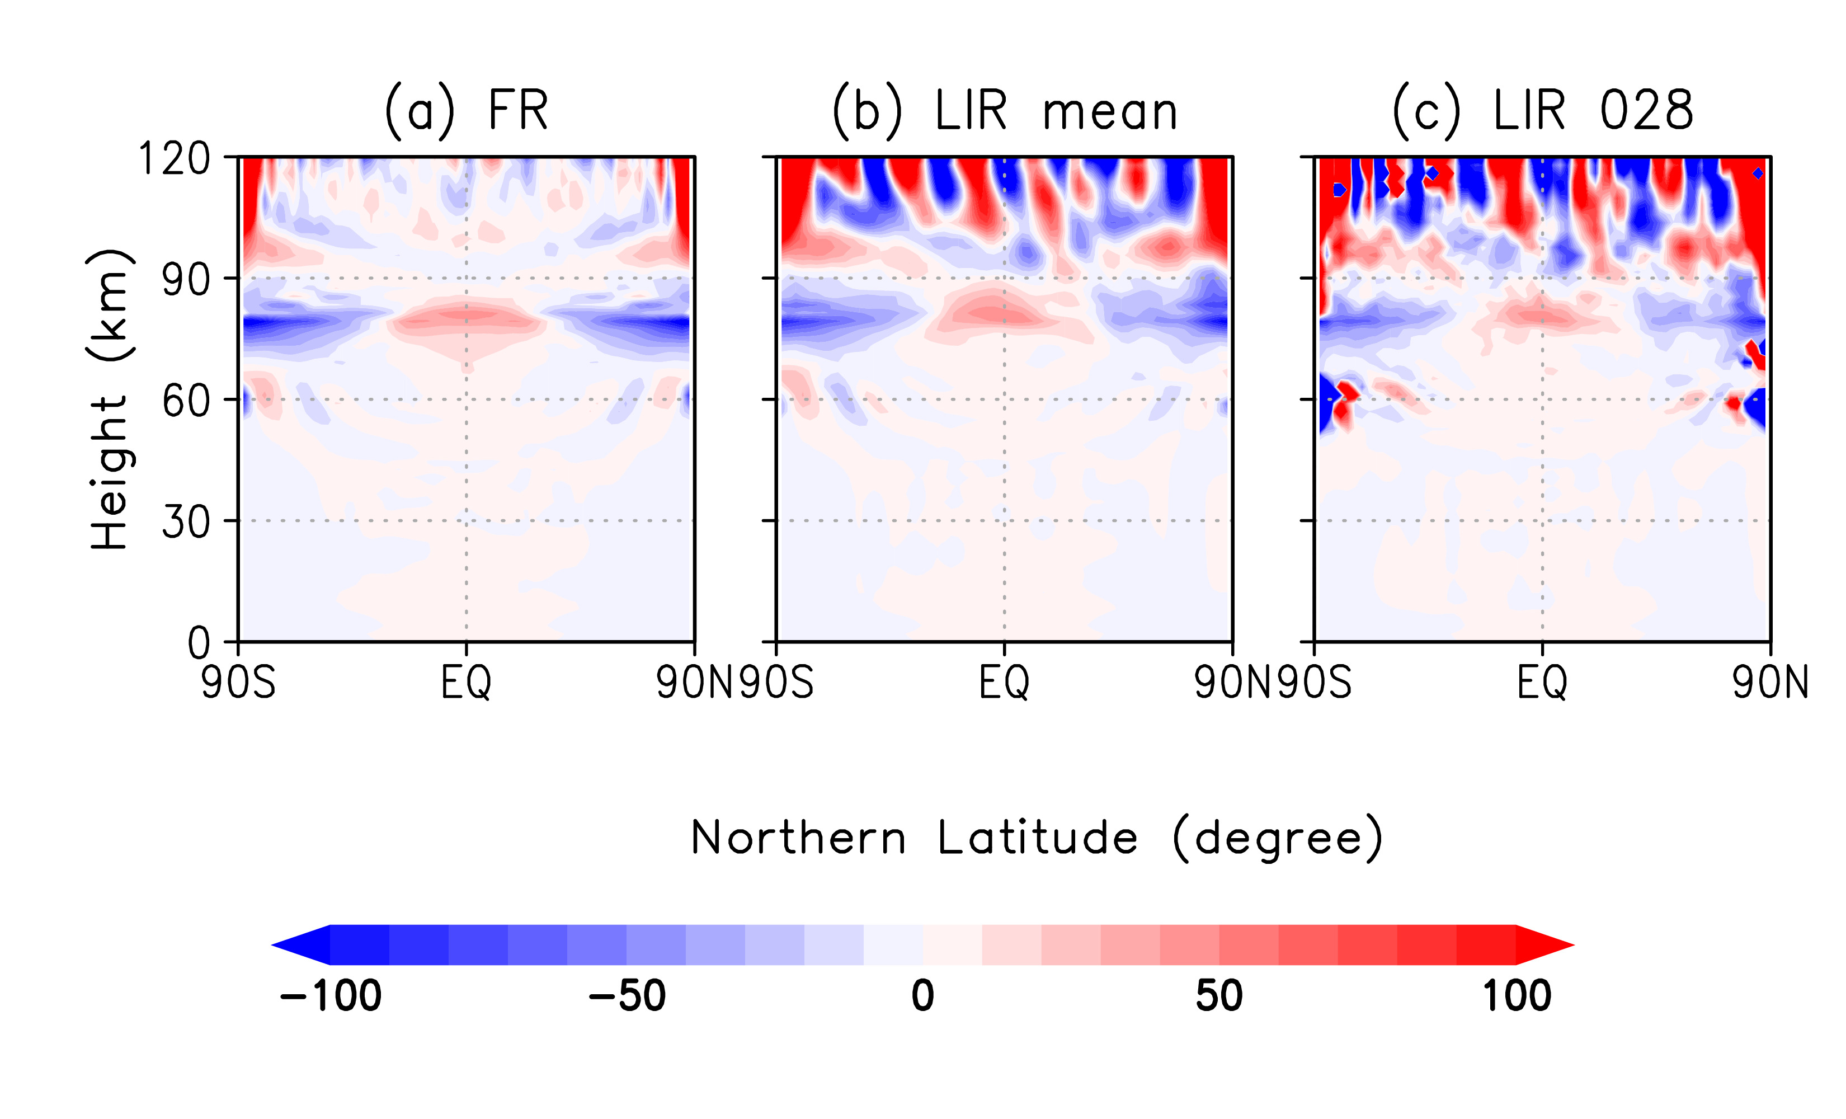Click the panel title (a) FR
point(466,111)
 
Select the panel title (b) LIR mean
point(1005,111)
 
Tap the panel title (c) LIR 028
point(1543,111)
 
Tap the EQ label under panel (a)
point(466,683)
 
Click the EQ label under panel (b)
point(1005,683)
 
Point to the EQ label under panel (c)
point(1543,683)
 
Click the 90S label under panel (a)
point(238,683)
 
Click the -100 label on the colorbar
point(331,996)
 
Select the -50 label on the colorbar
point(627,996)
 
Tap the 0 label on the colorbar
point(923,996)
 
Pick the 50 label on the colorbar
point(1219,996)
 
